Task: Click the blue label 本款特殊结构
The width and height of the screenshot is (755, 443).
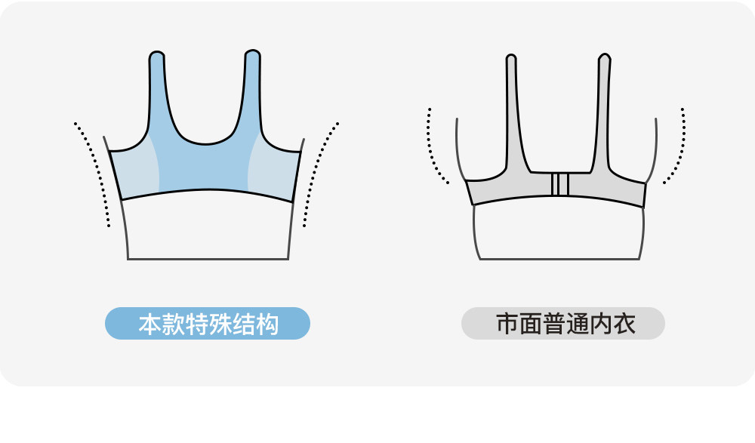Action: [x=208, y=324]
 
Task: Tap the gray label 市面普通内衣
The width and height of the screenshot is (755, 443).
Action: [x=563, y=324]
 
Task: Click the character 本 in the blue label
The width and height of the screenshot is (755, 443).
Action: [x=148, y=325]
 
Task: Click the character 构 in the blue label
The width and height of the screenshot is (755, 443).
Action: [x=268, y=325]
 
